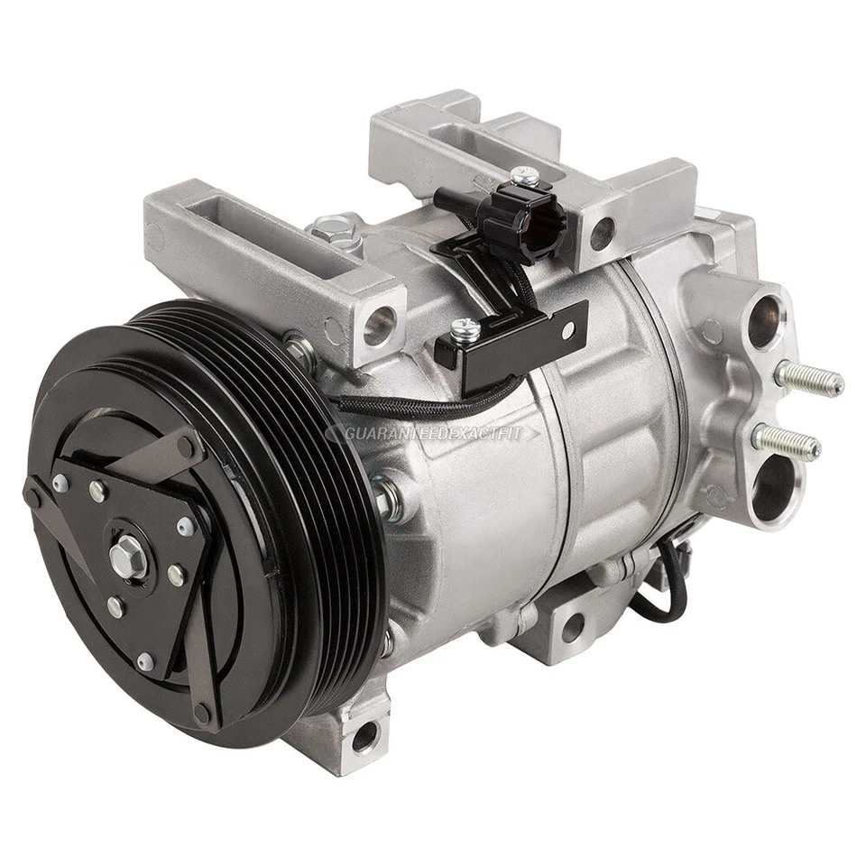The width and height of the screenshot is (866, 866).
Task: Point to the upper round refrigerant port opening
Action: click(764, 318)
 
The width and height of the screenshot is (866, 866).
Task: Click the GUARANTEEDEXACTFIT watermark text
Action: click(434, 434)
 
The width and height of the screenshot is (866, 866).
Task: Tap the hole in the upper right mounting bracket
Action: click(598, 233)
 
